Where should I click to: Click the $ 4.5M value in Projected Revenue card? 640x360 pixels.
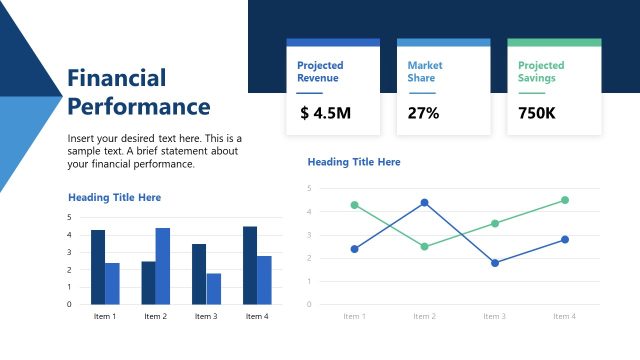point(325,113)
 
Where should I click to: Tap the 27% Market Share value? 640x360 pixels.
point(423,113)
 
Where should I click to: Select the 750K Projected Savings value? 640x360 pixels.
point(536,113)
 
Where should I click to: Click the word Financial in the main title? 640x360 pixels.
point(116,78)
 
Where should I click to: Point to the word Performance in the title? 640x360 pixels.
point(138,107)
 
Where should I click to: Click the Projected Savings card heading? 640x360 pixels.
point(541,71)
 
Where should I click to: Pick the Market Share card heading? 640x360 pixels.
point(425,71)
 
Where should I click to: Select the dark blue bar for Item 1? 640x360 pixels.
point(98,267)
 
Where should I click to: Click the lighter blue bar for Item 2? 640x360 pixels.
point(163,266)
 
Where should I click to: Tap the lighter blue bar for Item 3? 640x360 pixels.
point(214,288)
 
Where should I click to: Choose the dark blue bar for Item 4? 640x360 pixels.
point(250,265)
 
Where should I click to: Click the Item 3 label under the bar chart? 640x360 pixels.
point(206,317)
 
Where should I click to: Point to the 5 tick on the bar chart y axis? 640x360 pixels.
point(69,217)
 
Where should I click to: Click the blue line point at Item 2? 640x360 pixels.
point(424,203)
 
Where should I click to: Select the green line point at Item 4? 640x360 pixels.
point(565,200)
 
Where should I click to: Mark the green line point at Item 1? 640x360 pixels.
point(354,205)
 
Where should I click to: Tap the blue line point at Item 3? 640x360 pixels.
point(494,263)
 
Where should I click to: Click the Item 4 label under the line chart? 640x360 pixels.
point(565,316)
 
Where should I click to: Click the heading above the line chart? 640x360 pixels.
point(354,162)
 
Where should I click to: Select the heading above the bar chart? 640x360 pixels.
point(114,198)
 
